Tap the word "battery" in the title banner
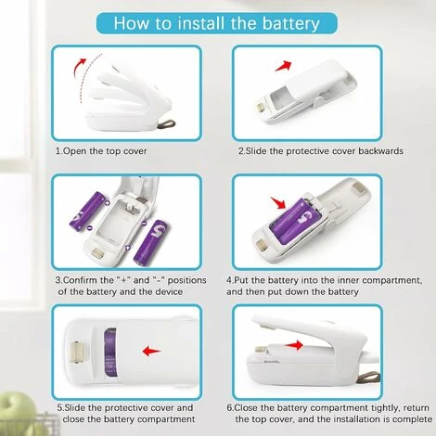[x=288, y=21]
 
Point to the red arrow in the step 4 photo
[x=276, y=201]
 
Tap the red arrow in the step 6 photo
[x=297, y=345]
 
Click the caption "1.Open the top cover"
[x=103, y=149]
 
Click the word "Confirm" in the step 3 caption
[x=86, y=278]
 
